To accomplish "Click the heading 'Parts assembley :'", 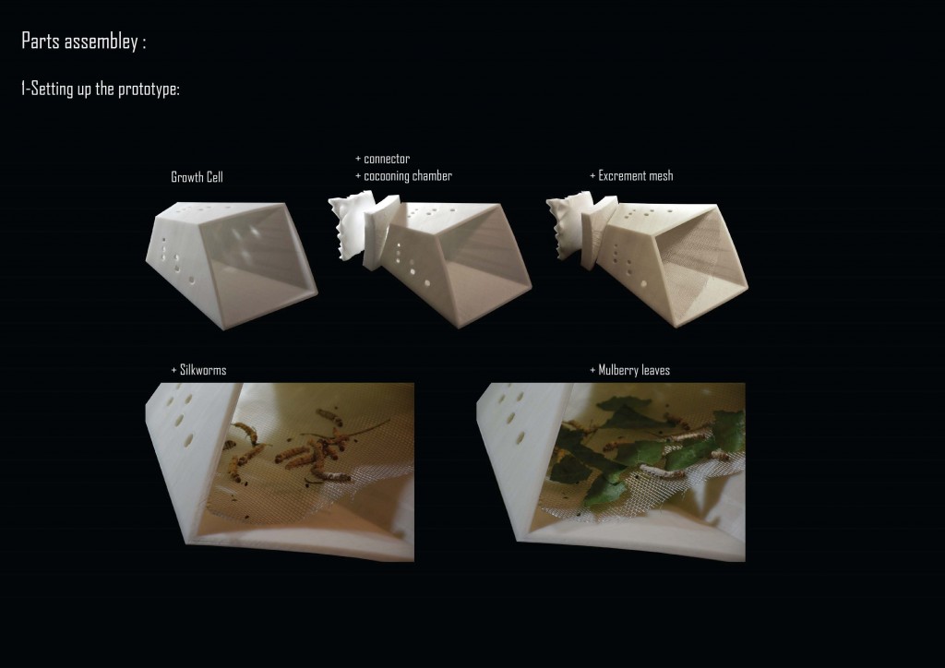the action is [x=83, y=41].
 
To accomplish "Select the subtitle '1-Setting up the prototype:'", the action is [x=100, y=89].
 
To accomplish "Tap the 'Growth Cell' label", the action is [x=197, y=177].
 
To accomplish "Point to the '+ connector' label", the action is [x=383, y=159].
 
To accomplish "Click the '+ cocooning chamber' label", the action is [x=403, y=176].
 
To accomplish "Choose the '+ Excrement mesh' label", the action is [x=631, y=176].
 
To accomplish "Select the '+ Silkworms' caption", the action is [x=199, y=370].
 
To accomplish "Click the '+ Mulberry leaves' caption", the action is [x=629, y=370].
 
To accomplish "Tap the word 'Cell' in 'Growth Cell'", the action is [x=213, y=177].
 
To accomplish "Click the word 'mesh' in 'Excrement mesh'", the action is [x=661, y=176].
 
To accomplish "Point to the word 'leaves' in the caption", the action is [x=655, y=370].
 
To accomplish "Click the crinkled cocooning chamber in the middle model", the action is [x=351, y=224].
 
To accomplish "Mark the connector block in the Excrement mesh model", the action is [x=598, y=232].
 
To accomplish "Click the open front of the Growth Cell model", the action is [x=260, y=260].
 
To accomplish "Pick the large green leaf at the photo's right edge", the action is [x=728, y=431].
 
